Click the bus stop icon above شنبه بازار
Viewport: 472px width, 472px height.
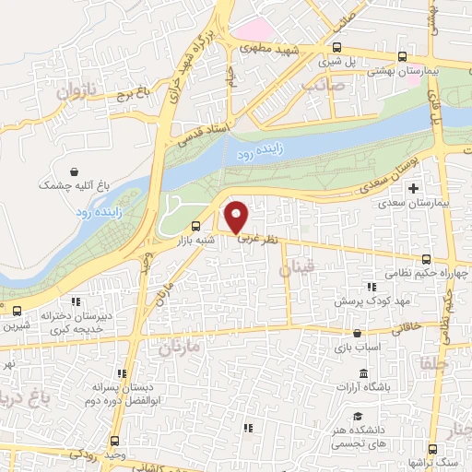pyautogui.click(x=195, y=227)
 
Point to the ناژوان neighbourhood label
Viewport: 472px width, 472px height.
pyautogui.click(x=76, y=91)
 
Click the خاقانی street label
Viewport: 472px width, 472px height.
pyautogui.click(x=410, y=327)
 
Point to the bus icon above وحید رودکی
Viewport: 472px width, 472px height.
pyautogui.click(x=114, y=441)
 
